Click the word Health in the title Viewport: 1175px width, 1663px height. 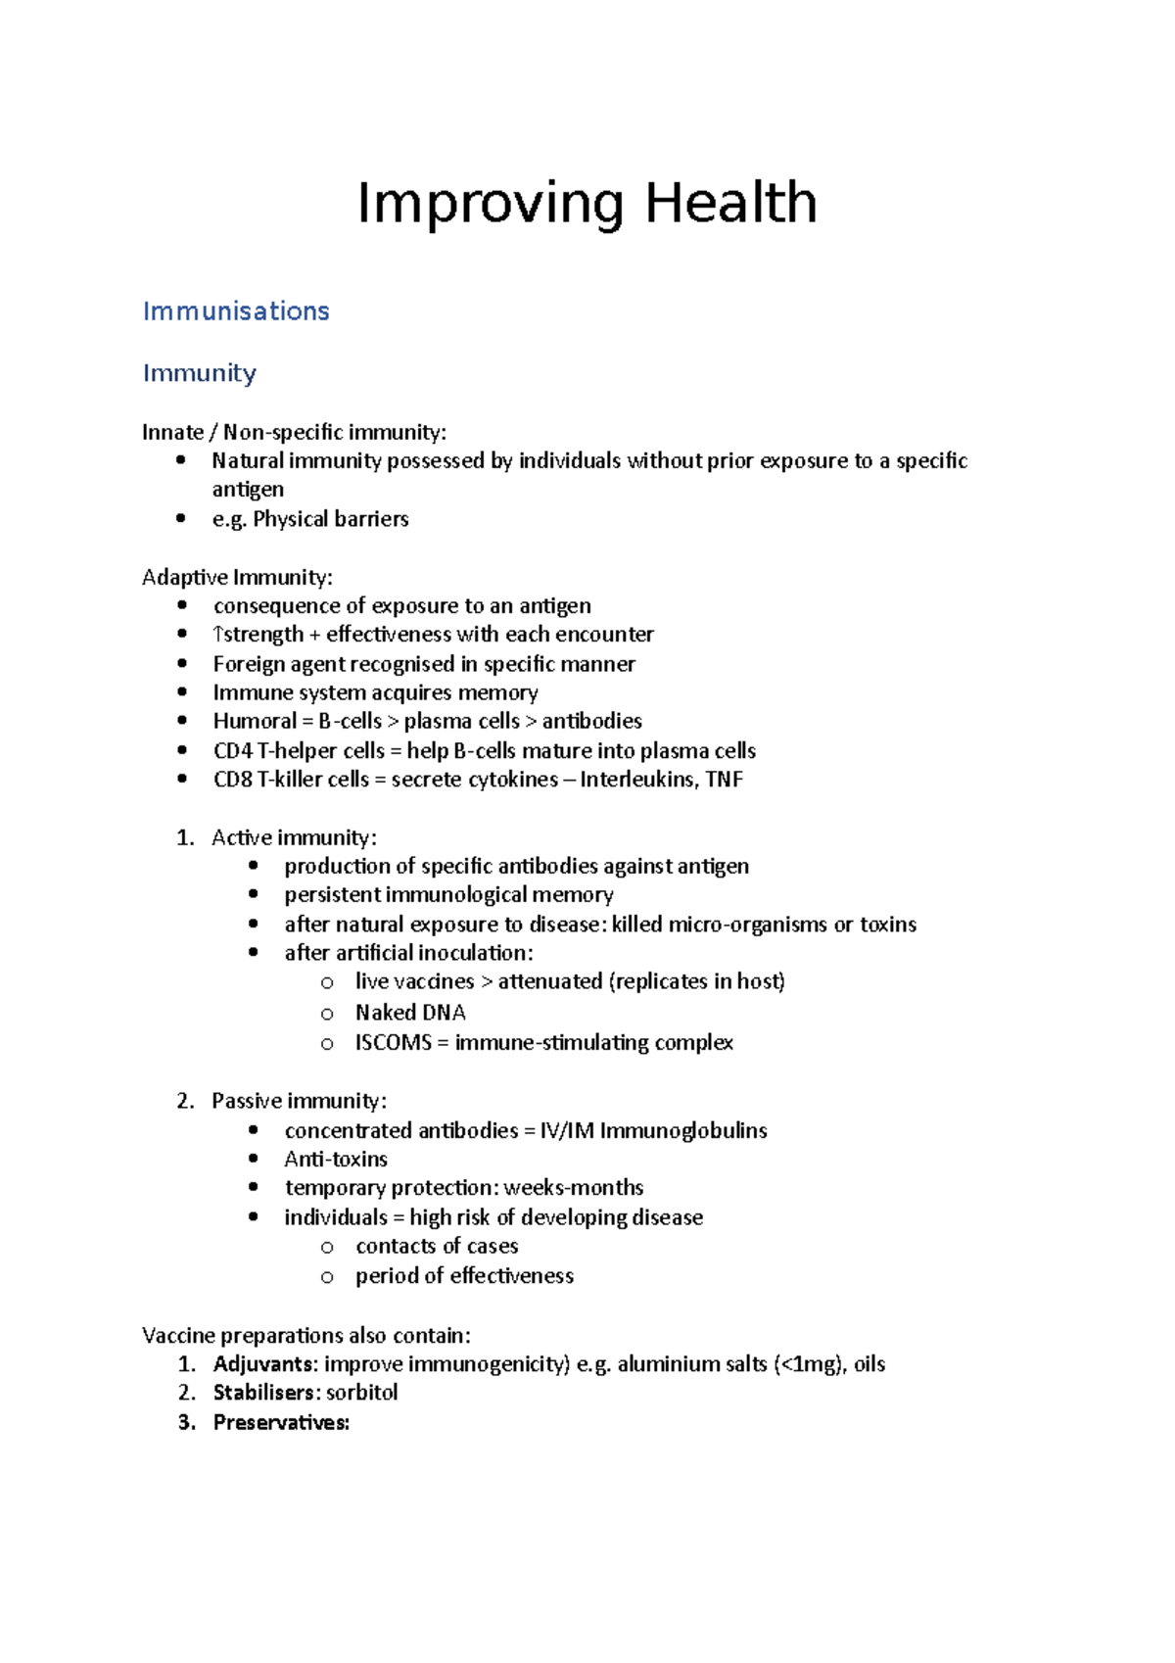(730, 204)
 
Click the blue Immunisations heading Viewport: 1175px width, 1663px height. (236, 311)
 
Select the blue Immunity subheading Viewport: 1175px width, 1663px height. (200, 373)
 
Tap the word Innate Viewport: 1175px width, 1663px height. (172, 432)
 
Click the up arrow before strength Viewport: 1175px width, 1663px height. (218, 635)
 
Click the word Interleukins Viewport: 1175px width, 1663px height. (637, 780)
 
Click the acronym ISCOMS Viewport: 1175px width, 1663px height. (393, 1042)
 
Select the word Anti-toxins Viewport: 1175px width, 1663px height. (336, 1159)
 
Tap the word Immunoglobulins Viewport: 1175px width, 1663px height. (682, 1130)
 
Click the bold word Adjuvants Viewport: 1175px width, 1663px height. (264, 1363)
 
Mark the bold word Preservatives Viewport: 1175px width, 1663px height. (281, 1422)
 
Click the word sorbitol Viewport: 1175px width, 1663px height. (361, 1393)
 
